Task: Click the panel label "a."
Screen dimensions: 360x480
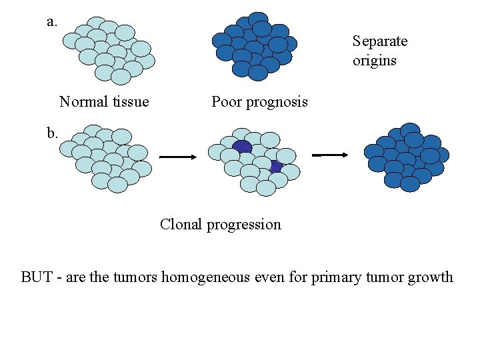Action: [52, 21]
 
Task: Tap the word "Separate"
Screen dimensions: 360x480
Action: [379, 41]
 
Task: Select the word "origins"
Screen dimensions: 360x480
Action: [374, 61]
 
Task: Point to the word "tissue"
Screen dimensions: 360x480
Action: [130, 102]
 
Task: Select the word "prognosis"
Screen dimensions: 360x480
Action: [277, 103]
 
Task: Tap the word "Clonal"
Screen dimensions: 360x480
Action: [181, 224]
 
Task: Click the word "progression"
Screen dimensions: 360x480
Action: [243, 225]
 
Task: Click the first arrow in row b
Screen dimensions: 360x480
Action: [177, 157]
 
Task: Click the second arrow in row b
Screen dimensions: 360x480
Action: [331, 155]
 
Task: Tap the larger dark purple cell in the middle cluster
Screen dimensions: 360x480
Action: [242, 147]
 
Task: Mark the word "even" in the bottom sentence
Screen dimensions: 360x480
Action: [269, 277]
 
